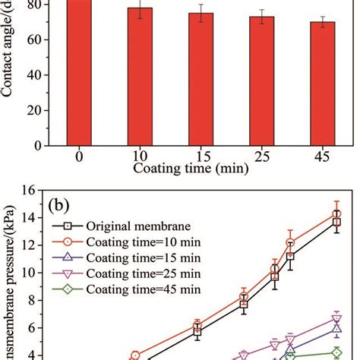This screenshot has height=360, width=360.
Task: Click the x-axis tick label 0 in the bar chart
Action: point(78,156)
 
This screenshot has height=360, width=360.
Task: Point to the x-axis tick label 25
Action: point(262,156)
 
